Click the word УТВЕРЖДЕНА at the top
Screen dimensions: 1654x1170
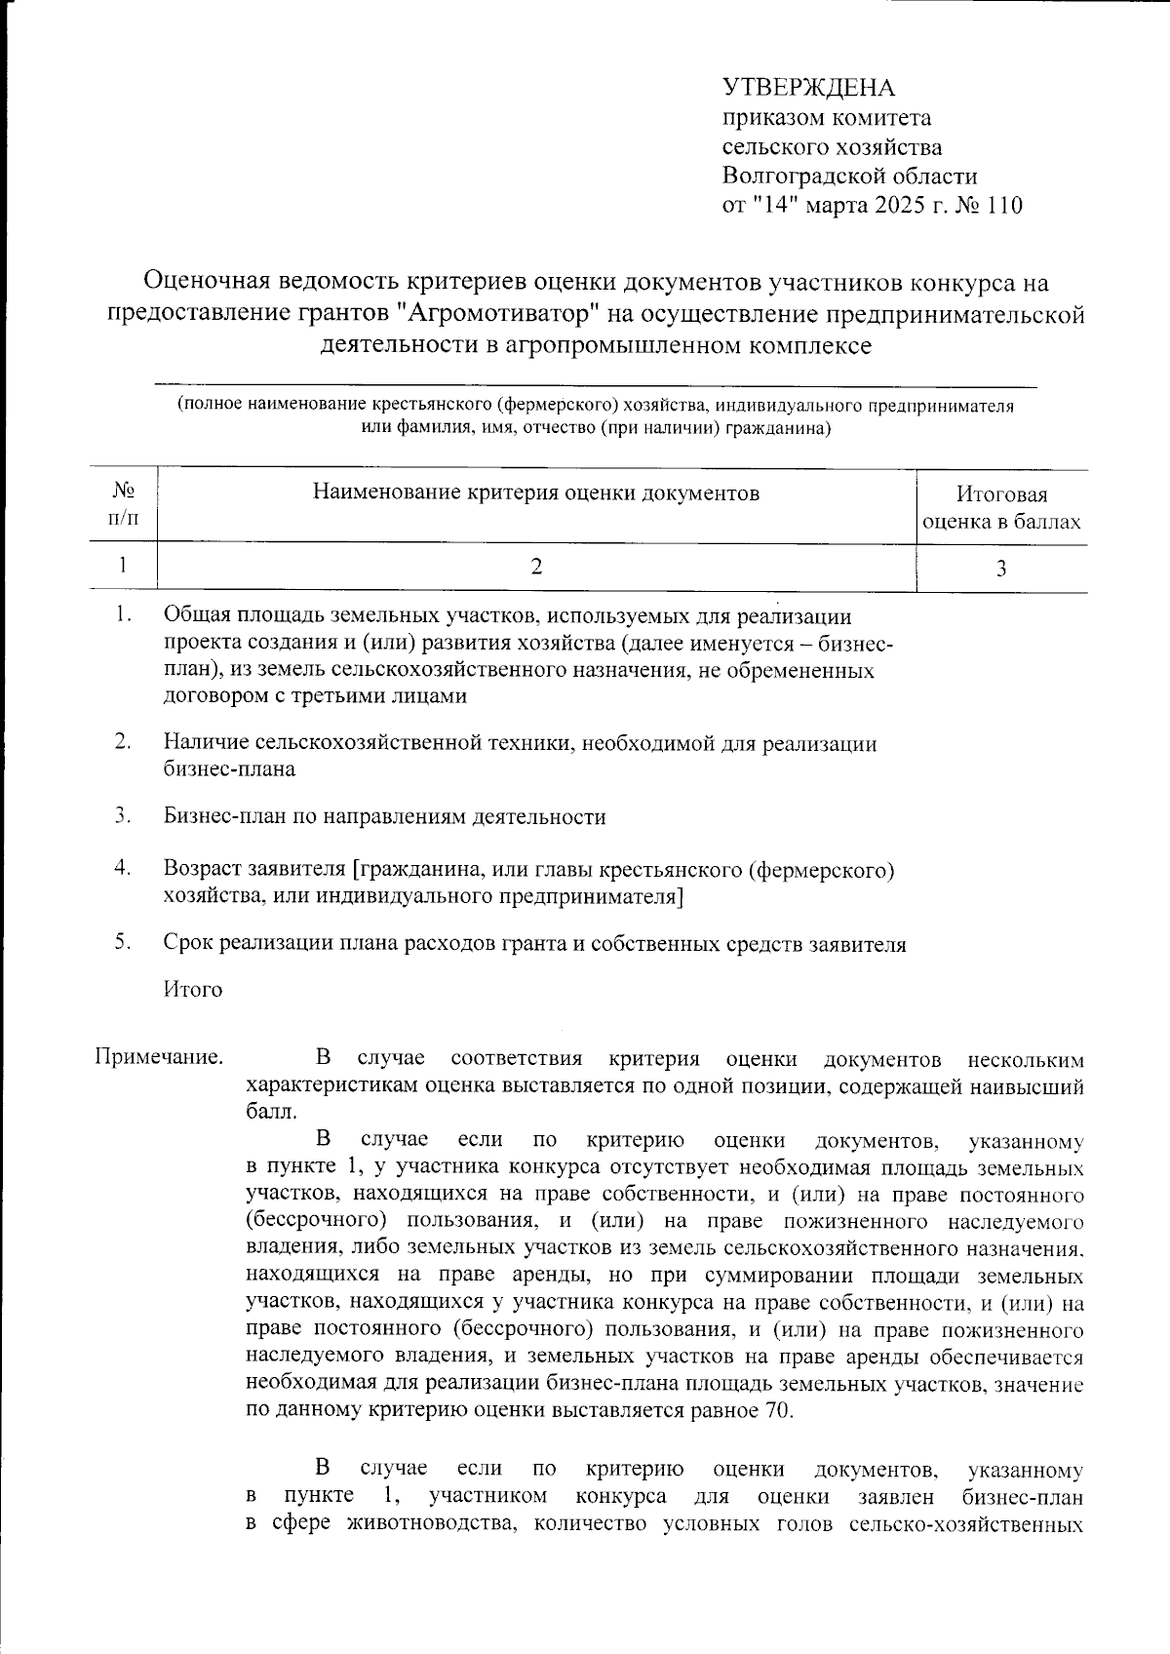tap(808, 89)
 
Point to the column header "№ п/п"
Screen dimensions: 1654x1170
tap(123, 504)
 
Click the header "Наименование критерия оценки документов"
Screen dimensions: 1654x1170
tap(535, 492)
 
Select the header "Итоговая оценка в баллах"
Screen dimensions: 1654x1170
tap(1001, 508)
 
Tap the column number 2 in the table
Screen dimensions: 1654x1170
tap(535, 567)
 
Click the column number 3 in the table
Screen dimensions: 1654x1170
tap(1000, 569)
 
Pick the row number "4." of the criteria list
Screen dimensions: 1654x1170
tap(123, 867)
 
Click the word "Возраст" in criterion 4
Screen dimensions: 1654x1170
tap(200, 868)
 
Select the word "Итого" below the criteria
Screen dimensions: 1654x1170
tap(193, 990)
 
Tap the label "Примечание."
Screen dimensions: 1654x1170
tap(158, 1058)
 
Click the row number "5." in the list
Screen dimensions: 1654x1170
tap(123, 943)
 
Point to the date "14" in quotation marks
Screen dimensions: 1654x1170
tap(772, 206)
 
